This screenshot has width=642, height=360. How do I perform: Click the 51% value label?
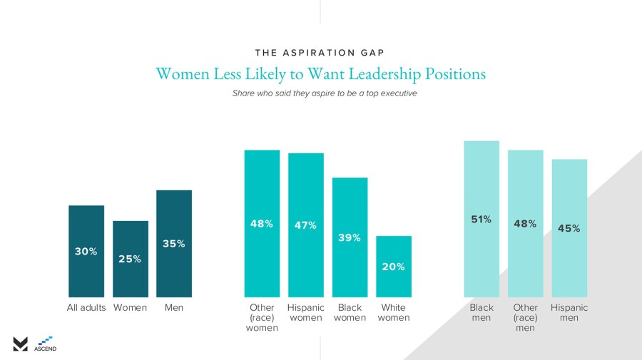pyautogui.click(x=481, y=220)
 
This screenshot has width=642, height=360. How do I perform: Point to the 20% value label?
pyautogui.click(x=394, y=267)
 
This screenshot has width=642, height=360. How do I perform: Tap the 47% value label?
pyautogui.click(x=306, y=225)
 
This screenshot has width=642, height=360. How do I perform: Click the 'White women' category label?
pyautogui.click(x=394, y=313)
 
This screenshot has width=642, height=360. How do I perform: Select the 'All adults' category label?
pyautogui.click(x=86, y=308)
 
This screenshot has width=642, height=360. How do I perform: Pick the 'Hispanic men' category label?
pyautogui.click(x=569, y=313)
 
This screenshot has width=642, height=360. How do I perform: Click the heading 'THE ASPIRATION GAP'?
pyautogui.click(x=320, y=53)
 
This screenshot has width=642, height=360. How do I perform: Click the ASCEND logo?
pyautogui.click(x=46, y=344)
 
